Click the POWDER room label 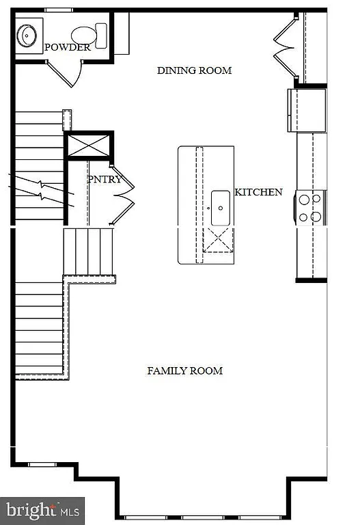67,48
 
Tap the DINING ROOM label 194,70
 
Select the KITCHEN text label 258,192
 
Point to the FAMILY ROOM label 184,371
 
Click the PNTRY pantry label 105,179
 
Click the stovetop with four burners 309,208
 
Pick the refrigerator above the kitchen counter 307,109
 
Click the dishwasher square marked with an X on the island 219,241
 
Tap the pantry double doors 123,196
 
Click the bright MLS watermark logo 42,510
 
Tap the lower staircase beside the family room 39,328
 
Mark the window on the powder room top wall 57,10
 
